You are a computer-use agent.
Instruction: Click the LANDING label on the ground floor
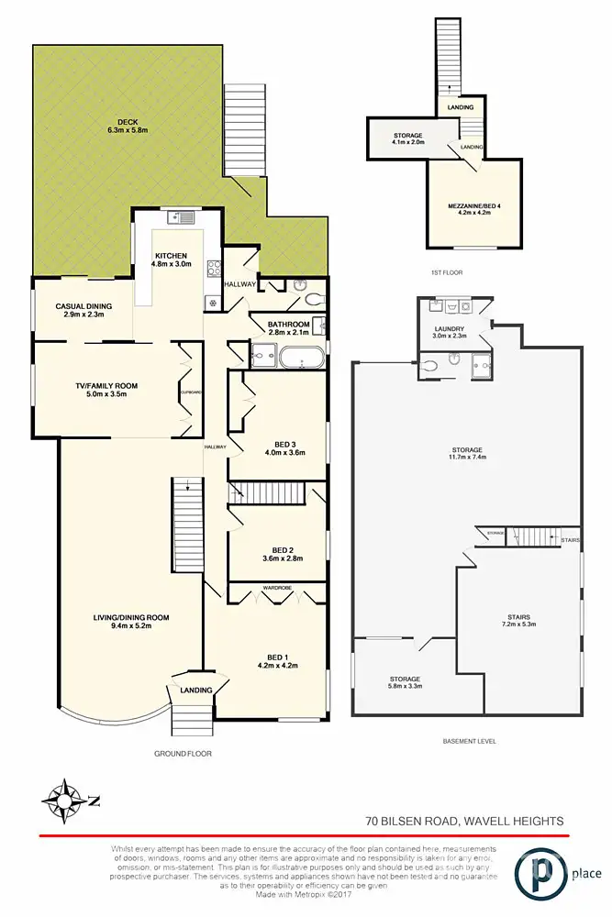pos(196,691)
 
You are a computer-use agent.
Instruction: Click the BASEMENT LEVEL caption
pos(468,741)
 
